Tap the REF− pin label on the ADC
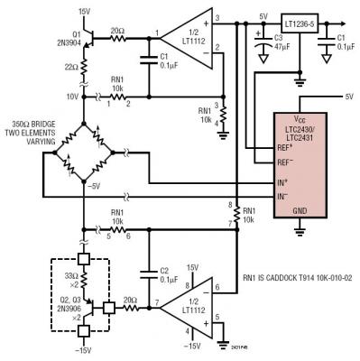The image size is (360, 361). [x=287, y=163]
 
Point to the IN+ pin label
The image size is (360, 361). [x=285, y=184]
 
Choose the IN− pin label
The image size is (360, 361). [x=285, y=196]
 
